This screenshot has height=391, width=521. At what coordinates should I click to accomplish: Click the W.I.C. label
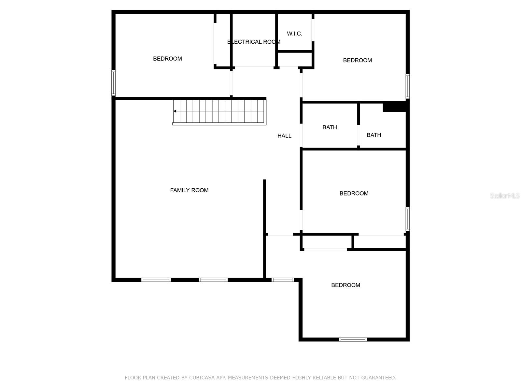tap(294, 34)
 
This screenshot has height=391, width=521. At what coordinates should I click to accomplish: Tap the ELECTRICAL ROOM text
tap(253, 42)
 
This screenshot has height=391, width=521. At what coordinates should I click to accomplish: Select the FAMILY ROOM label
tap(189, 190)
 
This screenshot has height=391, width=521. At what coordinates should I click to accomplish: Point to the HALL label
tap(284, 136)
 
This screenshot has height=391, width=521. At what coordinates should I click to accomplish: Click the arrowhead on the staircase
tap(175, 111)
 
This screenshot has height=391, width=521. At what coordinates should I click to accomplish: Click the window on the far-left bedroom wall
tap(113, 83)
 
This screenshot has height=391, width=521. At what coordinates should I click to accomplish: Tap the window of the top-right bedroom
tap(407, 86)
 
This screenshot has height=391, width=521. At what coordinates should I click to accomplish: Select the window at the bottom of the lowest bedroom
tap(353, 340)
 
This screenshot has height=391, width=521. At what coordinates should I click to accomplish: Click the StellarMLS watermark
tap(505, 195)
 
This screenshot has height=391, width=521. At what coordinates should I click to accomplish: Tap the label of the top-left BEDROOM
tap(167, 59)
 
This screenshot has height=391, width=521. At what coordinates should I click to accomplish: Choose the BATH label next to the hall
tap(330, 127)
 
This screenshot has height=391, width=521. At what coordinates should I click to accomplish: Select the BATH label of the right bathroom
tap(373, 135)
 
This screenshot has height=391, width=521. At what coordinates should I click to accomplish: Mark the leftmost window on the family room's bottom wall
tap(156, 280)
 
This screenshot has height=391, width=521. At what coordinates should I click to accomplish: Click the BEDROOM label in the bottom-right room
tap(345, 285)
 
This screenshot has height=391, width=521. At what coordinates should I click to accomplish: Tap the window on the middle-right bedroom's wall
tap(407, 219)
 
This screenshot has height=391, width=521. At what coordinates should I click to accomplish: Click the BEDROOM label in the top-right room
tap(357, 60)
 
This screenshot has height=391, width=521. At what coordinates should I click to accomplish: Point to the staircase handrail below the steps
tap(219, 124)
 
